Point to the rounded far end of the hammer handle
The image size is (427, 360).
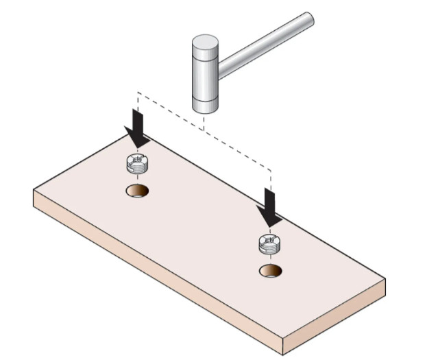(x=309, y=20)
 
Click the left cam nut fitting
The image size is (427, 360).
(x=139, y=165)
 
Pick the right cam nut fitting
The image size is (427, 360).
(x=270, y=243)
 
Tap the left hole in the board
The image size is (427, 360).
(x=138, y=191)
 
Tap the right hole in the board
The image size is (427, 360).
(x=271, y=270)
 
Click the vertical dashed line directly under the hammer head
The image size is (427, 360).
(x=204, y=121)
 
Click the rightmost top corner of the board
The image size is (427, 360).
(x=385, y=278)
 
